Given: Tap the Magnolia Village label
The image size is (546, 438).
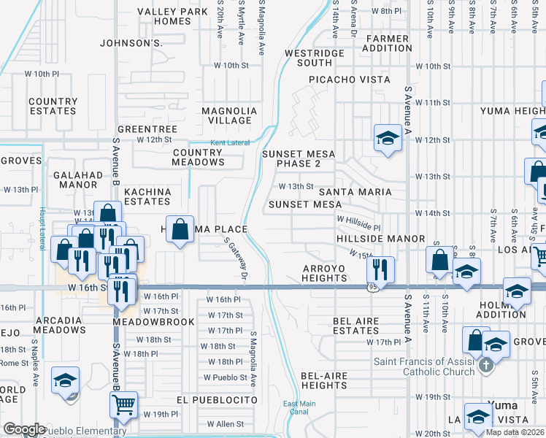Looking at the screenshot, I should [230, 115].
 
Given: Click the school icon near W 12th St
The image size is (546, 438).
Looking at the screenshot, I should [388, 137].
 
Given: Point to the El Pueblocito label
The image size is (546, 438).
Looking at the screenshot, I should [217, 401].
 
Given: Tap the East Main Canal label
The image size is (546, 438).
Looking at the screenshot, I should [299, 407].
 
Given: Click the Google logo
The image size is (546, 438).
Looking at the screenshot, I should [24, 429].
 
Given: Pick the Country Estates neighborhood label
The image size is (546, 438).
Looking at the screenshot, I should [53, 107].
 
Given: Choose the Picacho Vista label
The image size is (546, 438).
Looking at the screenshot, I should [349, 80].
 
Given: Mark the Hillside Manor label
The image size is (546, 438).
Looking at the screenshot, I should [381, 239].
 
